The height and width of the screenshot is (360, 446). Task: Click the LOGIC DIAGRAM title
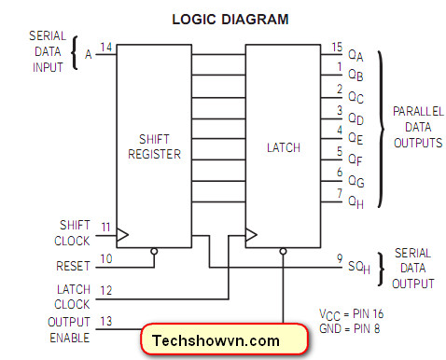coord(230,20)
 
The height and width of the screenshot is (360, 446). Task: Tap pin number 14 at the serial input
coord(105,48)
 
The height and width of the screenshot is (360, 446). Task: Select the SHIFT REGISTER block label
coord(154,146)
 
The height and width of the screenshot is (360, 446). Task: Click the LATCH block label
coord(284,147)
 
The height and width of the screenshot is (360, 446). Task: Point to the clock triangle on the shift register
coord(122,235)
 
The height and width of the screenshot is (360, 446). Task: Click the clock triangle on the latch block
coord(251,235)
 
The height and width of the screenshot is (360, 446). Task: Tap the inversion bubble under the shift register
coord(154,251)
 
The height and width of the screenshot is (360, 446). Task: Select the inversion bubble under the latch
coord(283,251)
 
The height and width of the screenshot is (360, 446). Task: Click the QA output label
coord(355,55)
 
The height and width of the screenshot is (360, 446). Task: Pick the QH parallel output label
coord(355,202)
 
